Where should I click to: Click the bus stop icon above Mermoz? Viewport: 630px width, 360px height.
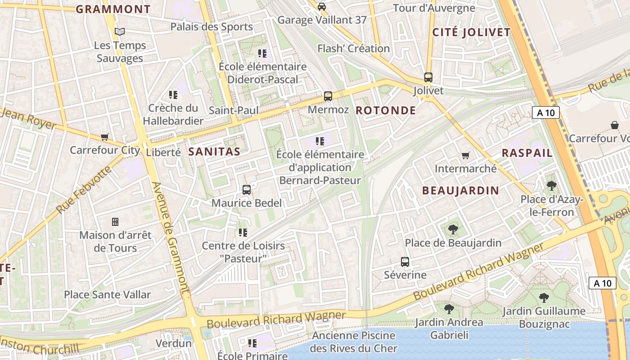click(328, 96)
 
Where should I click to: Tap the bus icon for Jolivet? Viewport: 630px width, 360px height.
click(428, 77)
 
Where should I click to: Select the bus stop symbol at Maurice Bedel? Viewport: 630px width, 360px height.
click(247, 190)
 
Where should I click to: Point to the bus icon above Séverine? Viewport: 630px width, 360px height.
click(405, 261)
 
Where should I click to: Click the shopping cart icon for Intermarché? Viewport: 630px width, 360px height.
click(466, 155)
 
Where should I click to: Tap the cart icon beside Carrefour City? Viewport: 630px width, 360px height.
click(105, 137)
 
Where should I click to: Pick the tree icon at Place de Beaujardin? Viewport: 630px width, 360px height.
click(453, 229)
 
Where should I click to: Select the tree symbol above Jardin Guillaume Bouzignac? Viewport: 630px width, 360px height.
click(544, 297)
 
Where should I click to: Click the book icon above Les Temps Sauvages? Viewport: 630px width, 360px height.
click(119, 31)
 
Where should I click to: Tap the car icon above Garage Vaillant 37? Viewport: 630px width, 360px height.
click(322, 6)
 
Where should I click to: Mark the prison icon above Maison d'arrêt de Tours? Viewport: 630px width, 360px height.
click(115, 221)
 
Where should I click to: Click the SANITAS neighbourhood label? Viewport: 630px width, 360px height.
click(214, 152)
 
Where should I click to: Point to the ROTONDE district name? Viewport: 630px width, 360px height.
click(386, 111)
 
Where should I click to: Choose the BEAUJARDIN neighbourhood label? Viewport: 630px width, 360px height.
click(460, 191)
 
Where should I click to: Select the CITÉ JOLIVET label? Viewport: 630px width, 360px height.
click(471, 32)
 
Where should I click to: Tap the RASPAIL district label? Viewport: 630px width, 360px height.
click(527, 153)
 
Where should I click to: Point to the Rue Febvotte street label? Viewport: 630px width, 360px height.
click(84, 190)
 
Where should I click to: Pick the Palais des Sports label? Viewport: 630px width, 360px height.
click(211, 27)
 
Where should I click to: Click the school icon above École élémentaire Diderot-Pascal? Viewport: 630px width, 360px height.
click(262, 54)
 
